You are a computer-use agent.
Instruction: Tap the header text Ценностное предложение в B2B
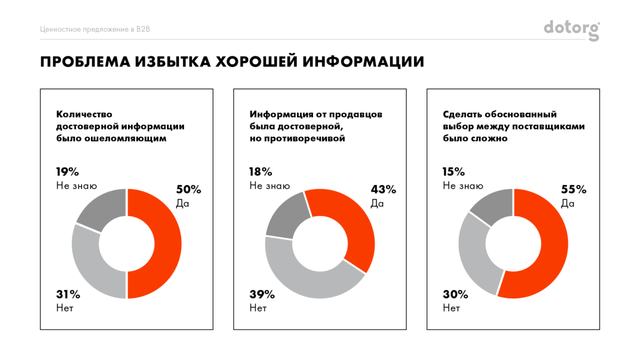click(95, 29)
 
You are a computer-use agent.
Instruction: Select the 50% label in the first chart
click(188, 190)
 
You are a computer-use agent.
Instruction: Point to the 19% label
click(67, 172)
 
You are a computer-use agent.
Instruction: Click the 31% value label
click(68, 295)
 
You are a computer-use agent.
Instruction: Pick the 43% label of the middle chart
click(383, 190)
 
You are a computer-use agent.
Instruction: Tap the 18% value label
click(261, 172)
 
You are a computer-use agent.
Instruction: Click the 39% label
click(262, 295)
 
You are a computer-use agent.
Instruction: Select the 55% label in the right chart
click(573, 190)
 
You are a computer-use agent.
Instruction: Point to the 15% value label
click(454, 172)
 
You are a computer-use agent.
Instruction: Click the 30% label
click(455, 295)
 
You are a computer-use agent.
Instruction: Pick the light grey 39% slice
click(305, 280)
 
